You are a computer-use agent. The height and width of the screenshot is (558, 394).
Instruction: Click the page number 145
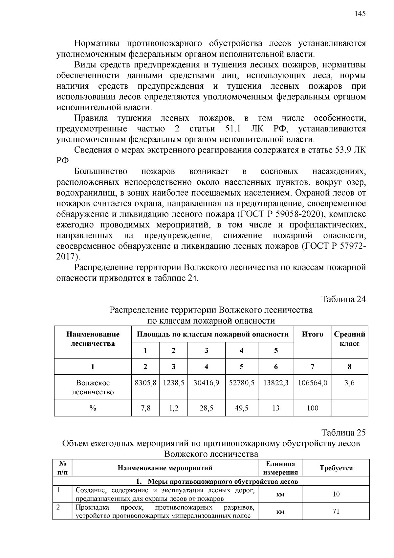click(x=360, y=13)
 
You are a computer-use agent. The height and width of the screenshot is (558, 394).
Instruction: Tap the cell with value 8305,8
click(x=145, y=383)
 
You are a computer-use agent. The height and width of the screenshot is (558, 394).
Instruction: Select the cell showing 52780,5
click(x=242, y=383)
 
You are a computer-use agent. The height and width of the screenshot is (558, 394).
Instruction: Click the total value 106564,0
click(x=312, y=383)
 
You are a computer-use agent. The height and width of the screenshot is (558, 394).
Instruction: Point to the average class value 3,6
click(x=349, y=383)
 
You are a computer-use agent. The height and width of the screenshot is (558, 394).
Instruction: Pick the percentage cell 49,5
click(x=242, y=408)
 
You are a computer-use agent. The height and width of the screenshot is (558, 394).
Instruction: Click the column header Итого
click(x=312, y=335)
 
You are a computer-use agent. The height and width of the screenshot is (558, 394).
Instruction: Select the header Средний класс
click(x=349, y=339)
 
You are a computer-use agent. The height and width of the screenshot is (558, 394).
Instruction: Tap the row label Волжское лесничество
click(x=93, y=387)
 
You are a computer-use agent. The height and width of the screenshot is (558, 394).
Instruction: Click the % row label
click(x=93, y=408)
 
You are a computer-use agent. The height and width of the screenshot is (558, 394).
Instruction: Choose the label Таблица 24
click(x=343, y=299)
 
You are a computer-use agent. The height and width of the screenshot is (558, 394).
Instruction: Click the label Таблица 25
click(x=343, y=432)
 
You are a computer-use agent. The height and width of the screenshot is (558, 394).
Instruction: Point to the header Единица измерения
click(x=280, y=468)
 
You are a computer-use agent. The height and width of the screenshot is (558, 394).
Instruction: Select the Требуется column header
click(x=336, y=468)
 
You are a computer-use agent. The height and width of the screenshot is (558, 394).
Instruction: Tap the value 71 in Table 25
click(x=336, y=511)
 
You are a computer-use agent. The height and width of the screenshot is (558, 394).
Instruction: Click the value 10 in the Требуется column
click(x=336, y=494)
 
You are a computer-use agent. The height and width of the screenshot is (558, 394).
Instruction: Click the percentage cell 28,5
click(x=206, y=408)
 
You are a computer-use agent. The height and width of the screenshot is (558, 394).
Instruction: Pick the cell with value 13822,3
click(x=276, y=383)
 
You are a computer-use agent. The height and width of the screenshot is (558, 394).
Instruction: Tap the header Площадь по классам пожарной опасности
click(x=212, y=335)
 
